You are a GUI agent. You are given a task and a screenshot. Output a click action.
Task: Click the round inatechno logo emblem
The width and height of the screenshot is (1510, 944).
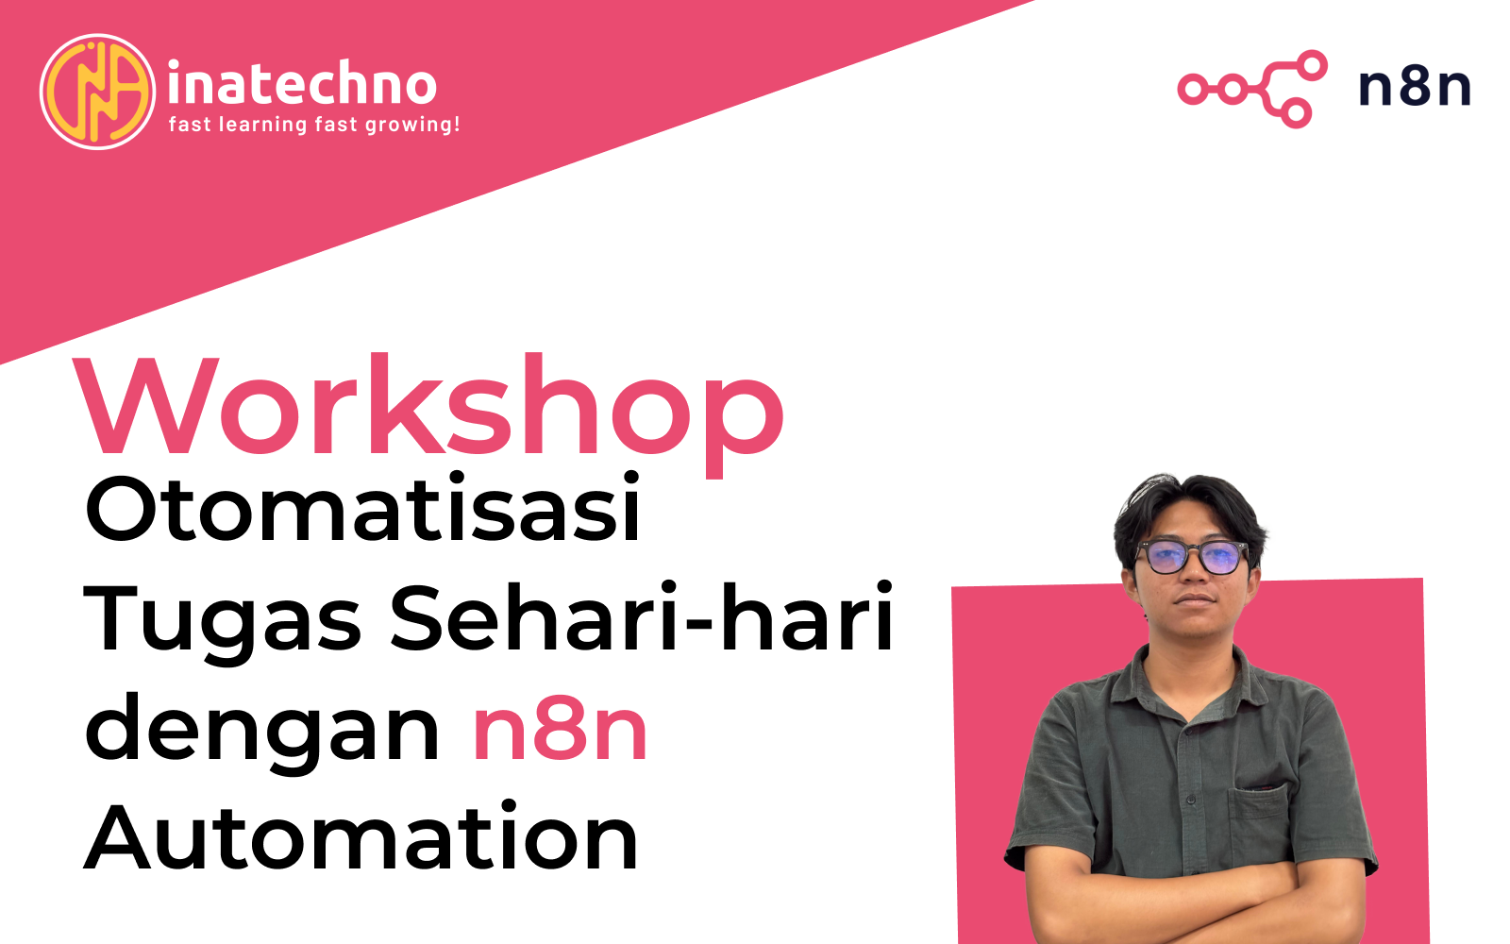point(98,92)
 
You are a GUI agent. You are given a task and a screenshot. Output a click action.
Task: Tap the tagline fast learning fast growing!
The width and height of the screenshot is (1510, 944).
point(314,125)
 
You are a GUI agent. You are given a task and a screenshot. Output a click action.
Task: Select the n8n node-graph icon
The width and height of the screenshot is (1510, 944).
point(1252,89)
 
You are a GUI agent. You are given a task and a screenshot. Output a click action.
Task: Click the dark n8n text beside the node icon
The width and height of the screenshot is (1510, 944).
point(1415,88)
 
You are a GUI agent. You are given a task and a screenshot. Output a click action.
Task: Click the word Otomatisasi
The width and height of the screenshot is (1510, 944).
point(362,509)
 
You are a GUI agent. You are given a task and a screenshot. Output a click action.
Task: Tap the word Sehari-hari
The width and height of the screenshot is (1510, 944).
point(642,616)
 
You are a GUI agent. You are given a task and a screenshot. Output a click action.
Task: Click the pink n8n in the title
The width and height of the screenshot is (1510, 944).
point(561,731)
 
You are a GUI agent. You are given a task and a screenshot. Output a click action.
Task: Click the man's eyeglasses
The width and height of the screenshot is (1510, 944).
point(1191,557)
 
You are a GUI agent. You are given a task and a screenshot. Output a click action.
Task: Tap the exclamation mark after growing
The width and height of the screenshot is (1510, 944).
point(457,124)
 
